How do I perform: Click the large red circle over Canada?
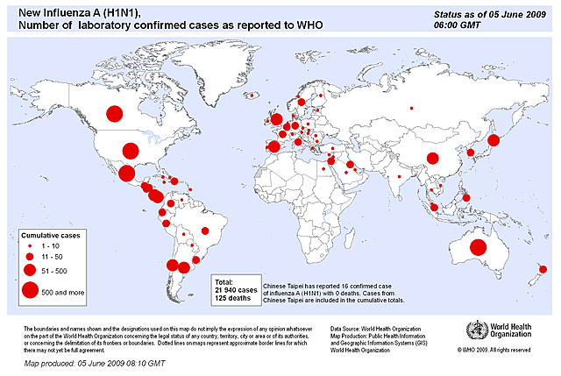pyautogui.click(x=114, y=112)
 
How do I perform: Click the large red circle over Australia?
pyautogui.click(x=478, y=247)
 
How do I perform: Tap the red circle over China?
pyautogui.click(x=432, y=159)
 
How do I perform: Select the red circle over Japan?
pyautogui.click(x=493, y=140)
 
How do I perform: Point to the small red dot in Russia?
pyautogui.click(x=410, y=109)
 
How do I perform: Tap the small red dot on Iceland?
pyautogui.click(x=252, y=95)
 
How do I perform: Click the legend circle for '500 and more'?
pyautogui.click(x=31, y=291)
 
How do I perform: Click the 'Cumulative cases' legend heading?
pyautogui.click(x=52, y=237)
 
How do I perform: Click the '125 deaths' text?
pyautogui.click(x=233, y=298)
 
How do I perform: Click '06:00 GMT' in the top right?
pyautogui.click(x=459, y=27)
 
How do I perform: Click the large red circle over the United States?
pyautogui.click(x=131, y=152)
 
